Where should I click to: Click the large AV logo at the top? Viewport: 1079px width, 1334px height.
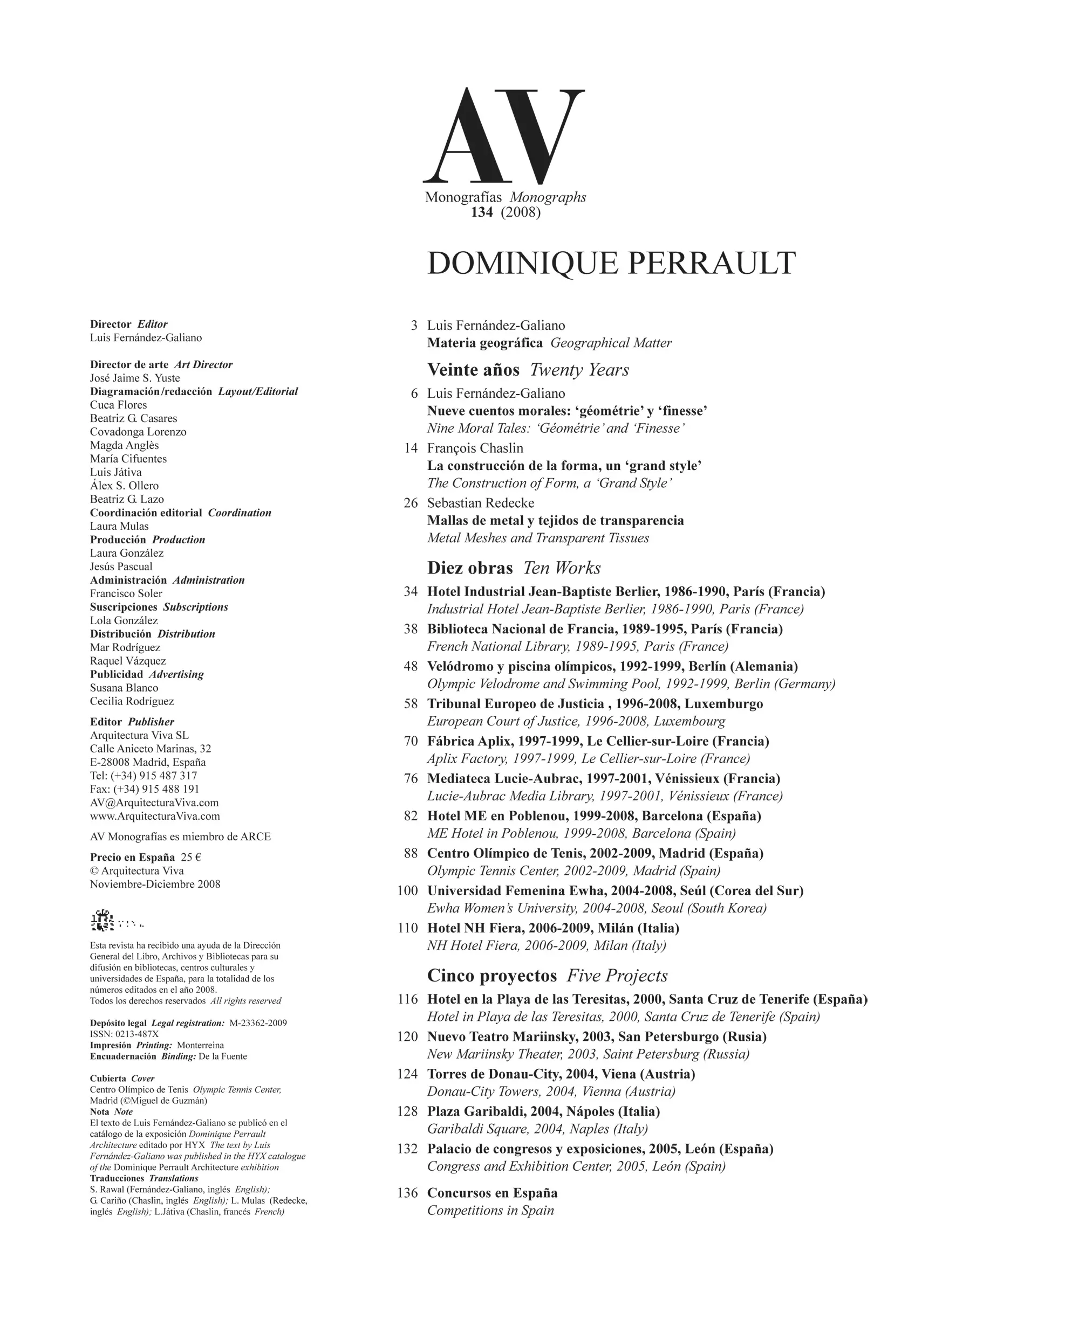click(x=503, y=136)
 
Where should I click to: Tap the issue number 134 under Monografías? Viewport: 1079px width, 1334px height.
click(x=482, y=212)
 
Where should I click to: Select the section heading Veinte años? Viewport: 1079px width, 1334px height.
click(x=473, y=370)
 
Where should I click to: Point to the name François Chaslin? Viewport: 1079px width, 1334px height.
click(x=475, y=448)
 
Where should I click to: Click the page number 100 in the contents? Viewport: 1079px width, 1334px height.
click(x=407, y=890)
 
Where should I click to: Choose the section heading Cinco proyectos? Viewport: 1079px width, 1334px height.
click(x=491, y=976)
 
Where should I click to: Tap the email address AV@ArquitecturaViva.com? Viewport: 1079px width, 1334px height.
click(x=154, y=803)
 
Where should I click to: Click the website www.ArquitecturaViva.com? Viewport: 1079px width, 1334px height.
click(x=155, y=816)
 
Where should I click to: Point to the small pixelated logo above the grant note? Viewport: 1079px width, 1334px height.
click(x=103, y=921)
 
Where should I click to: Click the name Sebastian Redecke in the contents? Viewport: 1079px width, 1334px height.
click(x=481, y=503)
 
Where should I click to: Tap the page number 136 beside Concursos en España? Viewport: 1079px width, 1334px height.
click(x=407, y=1193)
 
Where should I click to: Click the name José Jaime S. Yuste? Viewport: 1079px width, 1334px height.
click(x=135, y=378)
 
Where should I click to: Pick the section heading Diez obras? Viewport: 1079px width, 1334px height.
click(x=470, y=568)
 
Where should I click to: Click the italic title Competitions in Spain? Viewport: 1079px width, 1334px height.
click(x=490, y=1211)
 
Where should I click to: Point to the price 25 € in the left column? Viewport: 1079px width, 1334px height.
click(x=191, y=857)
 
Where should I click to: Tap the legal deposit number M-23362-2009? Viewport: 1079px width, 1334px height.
click(x=258, y=1023)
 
